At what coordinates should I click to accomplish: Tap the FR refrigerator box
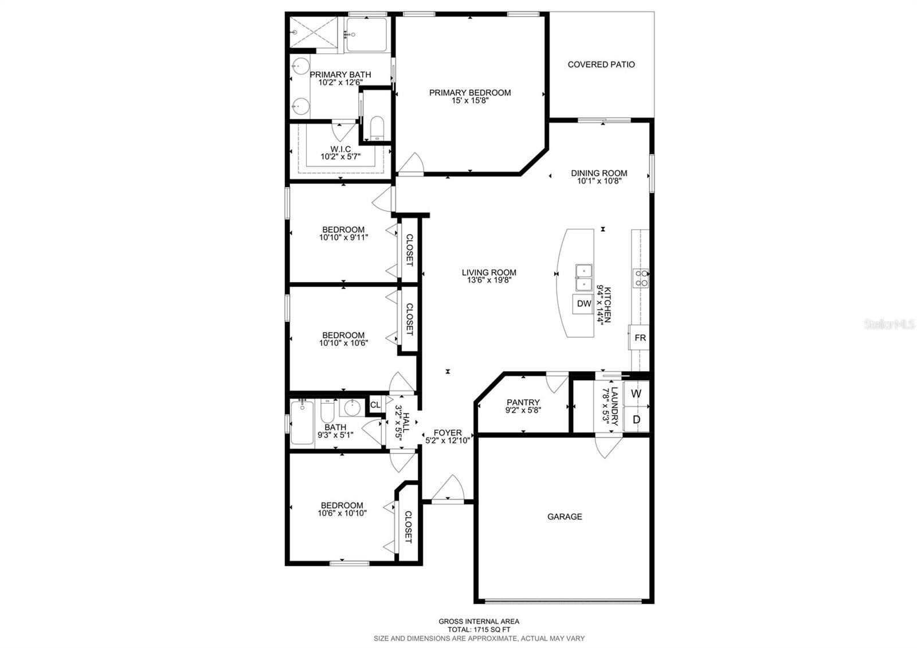click(x=639, y=338)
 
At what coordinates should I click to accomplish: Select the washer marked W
click(x=636, y=393)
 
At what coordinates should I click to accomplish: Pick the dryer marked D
click(x=636, y=419)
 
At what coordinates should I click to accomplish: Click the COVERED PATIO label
click(x=601, y=64)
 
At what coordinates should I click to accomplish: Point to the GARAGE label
click(x=565, y=517)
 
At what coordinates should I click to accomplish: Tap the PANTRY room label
click(x=523, y=402)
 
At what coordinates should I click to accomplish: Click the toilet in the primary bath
click(x=377, y=128)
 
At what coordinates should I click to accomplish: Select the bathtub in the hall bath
click(x=302, y=423)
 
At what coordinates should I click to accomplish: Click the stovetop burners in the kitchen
click(x=641, y=278)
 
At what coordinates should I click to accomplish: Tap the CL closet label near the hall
click(x=375, y=405)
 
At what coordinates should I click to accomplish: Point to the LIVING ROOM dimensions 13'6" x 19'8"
click(x=489, y=280)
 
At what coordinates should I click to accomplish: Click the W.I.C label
click(x=340, y=149)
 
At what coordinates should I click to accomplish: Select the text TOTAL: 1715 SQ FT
click(x=479, y=630)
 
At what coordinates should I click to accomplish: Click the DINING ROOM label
click(x=599, y=173)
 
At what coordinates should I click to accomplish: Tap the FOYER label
click(x=448, y=432)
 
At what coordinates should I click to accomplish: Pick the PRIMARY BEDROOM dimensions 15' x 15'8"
click(x=470, y=100)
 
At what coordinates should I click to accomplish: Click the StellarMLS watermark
click(x=889, y=325)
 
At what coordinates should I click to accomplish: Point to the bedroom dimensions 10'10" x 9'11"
click(x=343, y=237)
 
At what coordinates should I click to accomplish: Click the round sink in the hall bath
click(x=352, y=408)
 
